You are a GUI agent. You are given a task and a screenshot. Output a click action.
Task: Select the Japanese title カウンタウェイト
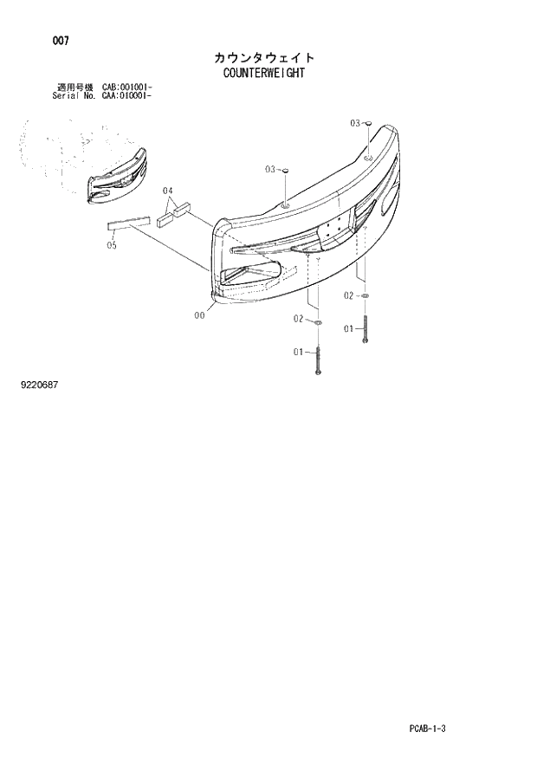(265, 57)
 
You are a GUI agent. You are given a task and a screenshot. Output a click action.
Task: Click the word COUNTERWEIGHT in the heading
(265, 73)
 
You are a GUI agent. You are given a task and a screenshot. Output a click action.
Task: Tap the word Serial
(66, 96)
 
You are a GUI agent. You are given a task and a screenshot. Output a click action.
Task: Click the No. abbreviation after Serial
(91, 96)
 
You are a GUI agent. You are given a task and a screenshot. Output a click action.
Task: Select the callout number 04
(168, 191)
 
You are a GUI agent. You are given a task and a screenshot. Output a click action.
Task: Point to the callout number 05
(112, 245)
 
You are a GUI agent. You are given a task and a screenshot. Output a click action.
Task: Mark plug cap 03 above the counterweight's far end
(369, 125)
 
